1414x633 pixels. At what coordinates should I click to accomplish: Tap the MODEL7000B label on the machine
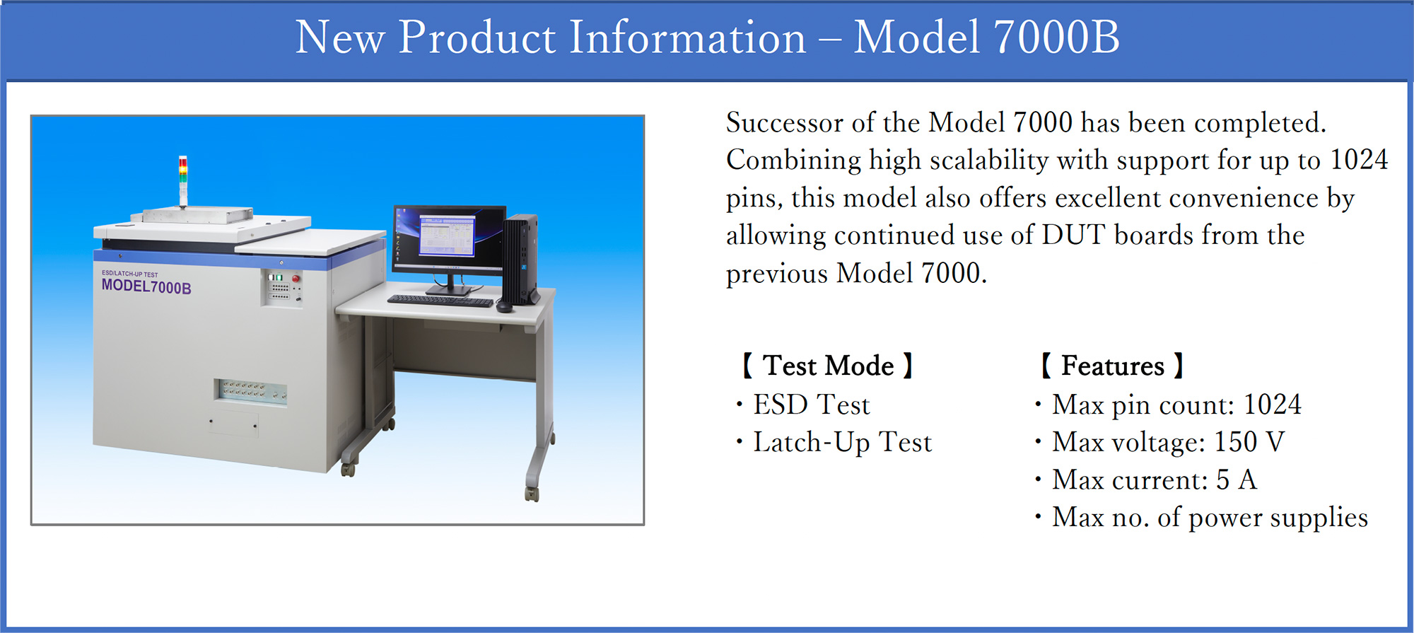tap(146, 286)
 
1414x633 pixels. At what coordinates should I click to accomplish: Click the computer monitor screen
tap(449, 238)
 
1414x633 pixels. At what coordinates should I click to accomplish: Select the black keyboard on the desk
tap(440, 301)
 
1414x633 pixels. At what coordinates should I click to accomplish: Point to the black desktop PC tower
tap(522, 259)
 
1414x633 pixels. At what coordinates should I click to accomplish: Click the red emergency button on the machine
tap(296, 279)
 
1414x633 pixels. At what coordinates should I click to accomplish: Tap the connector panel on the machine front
tap(251, 390)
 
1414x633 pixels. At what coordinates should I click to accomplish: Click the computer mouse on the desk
tap(504, 308)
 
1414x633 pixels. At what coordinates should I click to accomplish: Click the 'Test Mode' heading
tap(828, 366)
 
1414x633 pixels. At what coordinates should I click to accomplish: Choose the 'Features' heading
tap(1112, 366)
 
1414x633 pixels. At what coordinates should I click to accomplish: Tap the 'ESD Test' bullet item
tap(811, 405)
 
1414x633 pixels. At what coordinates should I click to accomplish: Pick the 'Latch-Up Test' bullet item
tap(843, 443)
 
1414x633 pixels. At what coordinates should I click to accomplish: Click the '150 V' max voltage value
tap(1249, 442)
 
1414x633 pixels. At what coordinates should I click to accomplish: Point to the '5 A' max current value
tap(1237, 480)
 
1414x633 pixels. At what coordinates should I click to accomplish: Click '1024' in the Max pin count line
tap(1273, 405)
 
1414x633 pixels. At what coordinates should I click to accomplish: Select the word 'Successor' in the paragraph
tap(785, 123)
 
